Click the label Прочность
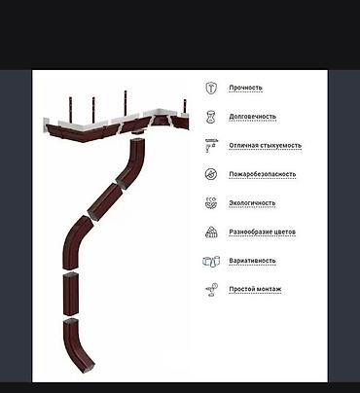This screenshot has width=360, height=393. tap(245, 88)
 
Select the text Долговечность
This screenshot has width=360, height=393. tap(253, 117)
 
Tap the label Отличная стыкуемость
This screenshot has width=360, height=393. tap(266, 146)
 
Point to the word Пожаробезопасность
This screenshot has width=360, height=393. tap(263, 174)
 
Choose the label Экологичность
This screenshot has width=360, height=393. tap(252, 203)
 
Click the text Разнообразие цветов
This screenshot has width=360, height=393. tap(263, 232)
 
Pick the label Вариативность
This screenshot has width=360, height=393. tap(252, 261)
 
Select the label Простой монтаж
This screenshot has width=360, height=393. tap(255, 289)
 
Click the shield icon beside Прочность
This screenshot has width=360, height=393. tap(211, 88)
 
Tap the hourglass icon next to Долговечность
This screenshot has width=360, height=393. tap(211, 117)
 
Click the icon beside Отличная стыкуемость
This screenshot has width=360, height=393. tap(211, 146)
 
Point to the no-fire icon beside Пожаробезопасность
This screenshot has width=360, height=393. tap(211, 174)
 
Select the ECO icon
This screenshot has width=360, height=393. tap(211, 203)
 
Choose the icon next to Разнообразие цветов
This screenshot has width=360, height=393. tap(211, 232)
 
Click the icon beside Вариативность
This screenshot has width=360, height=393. tap(211, 261)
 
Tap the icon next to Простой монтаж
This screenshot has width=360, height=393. tap(211, 290)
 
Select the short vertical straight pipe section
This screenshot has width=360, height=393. tap(71, 294)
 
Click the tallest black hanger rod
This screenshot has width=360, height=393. tap(126, 103)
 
